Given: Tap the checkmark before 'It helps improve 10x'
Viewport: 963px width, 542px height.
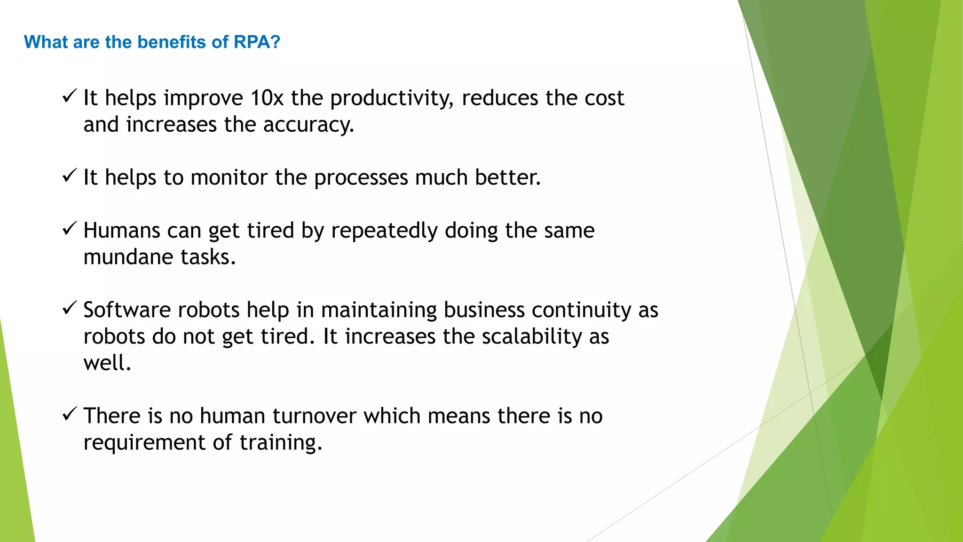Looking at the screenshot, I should [x=69, y=96].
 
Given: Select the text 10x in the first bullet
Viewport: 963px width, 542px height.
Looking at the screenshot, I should [x=267, y=98].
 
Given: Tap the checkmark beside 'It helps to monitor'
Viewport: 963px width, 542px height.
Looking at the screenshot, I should [x=69, y=176].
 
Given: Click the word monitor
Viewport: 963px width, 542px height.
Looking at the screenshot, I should [x=229, y=178].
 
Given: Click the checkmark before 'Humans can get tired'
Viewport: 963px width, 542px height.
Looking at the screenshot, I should [x=69, y=229].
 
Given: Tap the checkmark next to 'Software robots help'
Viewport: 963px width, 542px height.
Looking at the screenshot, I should [x=69, y=308].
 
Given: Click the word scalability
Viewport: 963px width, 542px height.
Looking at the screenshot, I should [x=532, y=337].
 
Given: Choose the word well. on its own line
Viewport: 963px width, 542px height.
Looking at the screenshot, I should [x=107, y=363].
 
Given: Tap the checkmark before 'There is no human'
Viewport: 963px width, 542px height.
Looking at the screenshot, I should [x=69, y=414].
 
